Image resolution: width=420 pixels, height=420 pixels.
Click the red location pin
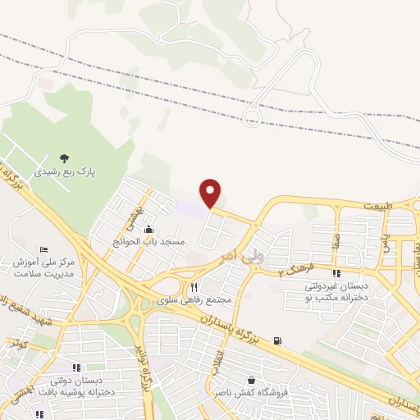tap(211, 192)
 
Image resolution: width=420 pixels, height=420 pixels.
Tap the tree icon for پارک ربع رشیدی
tap(66, 158)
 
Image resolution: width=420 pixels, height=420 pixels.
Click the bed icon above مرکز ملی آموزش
tap(44, 249)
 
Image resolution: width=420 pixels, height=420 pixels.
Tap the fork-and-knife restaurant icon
tap(194, 287)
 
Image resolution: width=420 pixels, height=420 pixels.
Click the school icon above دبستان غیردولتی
tap(336, 273)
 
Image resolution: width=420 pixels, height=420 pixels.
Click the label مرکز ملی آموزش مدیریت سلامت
tap(44, 269)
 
